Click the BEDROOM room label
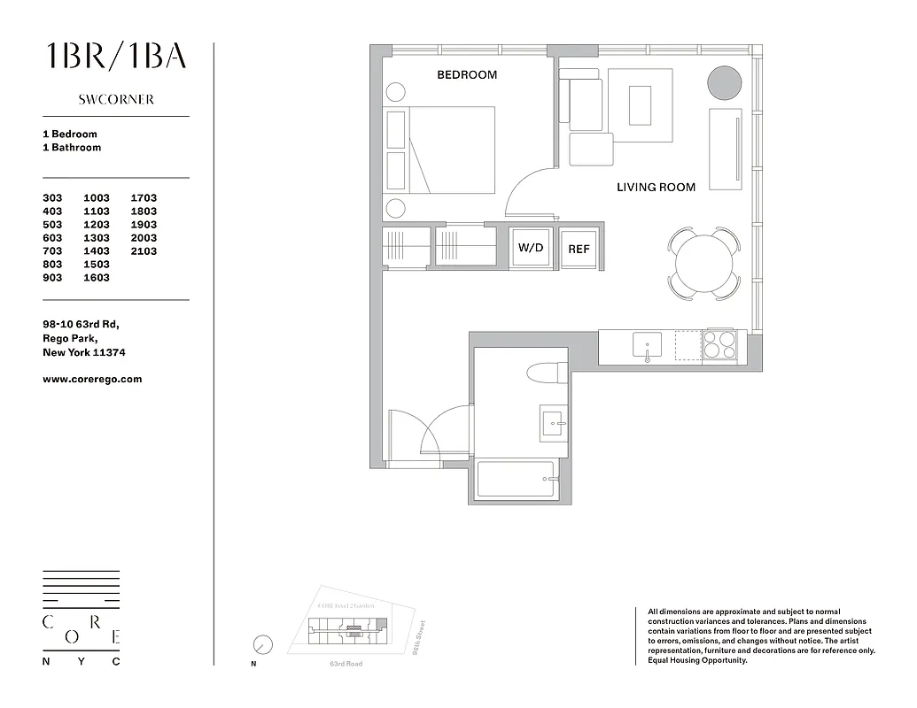point(467,75)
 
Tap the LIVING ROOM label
point(656,188)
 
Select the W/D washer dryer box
point(531,249)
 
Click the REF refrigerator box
point(579,250)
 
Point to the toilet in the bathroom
point(547,373)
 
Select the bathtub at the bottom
point(516,480)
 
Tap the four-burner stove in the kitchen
point(719,344)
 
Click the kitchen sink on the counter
point(647,344)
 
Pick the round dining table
point(704,263)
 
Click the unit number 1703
point(144,198)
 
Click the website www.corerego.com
point(92,379)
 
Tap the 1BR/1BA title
point(116,56)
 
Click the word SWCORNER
point(116,100)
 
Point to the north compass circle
point(262,644)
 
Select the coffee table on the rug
point(640,104)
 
